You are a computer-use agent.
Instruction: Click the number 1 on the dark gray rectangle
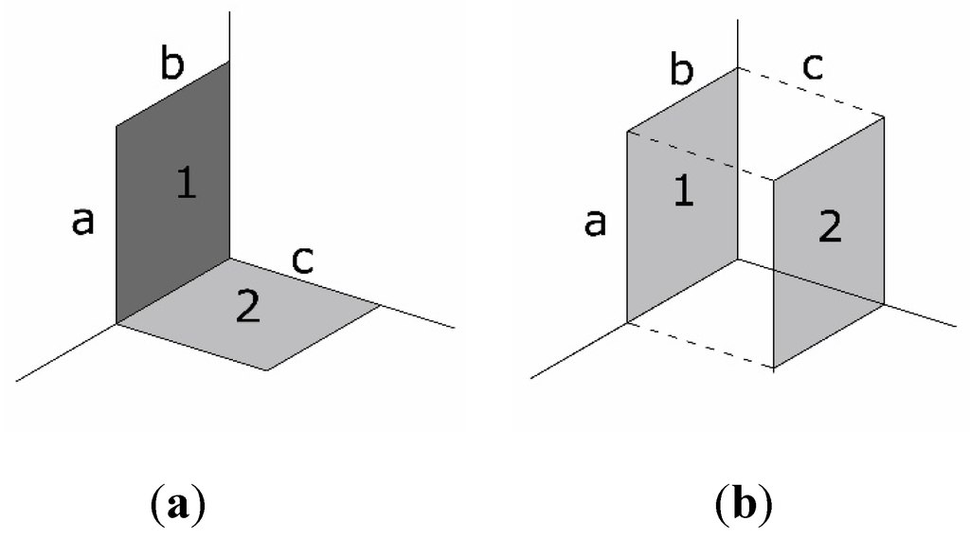187,183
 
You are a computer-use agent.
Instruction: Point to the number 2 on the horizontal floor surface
247,308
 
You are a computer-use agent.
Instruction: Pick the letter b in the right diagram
682,70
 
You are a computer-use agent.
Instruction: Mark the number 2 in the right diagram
829,227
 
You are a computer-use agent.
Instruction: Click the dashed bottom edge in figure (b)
701,345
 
